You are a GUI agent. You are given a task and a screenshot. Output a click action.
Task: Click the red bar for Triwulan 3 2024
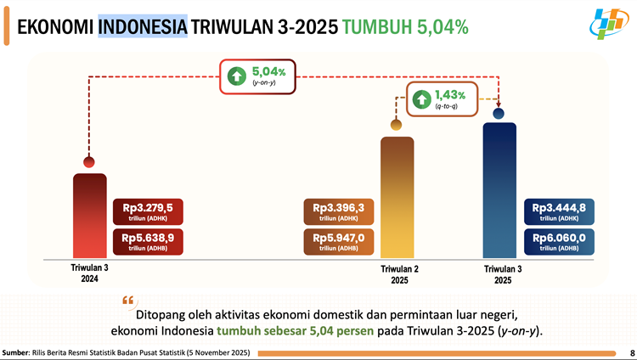89,217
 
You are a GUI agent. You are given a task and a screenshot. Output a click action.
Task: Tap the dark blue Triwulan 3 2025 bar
499,191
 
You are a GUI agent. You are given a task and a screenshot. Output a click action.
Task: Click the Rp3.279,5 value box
148,211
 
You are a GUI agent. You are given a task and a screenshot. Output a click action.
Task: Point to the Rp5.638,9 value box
148,242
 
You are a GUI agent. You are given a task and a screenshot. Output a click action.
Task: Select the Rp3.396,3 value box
338,211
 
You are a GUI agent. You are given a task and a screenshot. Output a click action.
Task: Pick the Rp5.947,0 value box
338,242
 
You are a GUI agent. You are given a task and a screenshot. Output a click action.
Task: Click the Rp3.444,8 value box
558,211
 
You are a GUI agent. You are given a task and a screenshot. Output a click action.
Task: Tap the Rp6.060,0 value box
558,242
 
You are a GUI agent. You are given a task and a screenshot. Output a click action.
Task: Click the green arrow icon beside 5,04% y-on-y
234,77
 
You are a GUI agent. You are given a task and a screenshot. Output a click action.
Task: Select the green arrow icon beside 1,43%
420,98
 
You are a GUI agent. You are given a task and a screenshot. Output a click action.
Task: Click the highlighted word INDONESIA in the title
143,25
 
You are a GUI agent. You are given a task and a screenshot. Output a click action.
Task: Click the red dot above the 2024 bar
88,162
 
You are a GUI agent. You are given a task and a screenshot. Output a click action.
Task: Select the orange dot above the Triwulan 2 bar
396,126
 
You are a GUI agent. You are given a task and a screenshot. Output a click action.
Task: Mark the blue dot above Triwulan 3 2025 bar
499,113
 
